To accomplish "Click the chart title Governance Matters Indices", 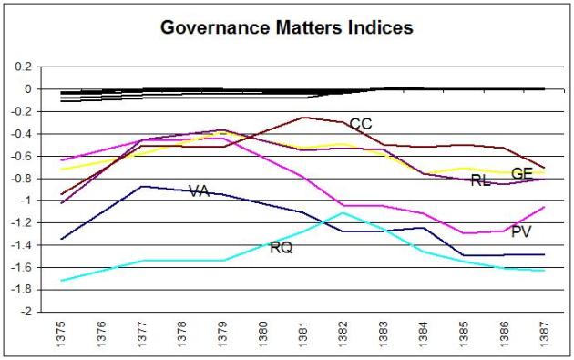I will (x=286, y=27).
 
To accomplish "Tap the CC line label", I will (x=361, y=124).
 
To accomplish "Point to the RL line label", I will (x=481, y=181).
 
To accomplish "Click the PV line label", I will (x=521, y=232).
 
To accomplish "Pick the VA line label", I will (x=200, y=190).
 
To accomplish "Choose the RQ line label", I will (x=281, y=247).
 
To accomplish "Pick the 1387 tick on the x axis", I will (x=545, y=334).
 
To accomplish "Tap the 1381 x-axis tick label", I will (x=302, y=334).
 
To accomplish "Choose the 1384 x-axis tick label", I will (x=424, y=334).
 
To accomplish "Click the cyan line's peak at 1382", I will (x=343, y=212).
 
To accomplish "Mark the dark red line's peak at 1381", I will (x=302, y=117).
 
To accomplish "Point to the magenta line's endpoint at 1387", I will (x=545, y=207).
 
